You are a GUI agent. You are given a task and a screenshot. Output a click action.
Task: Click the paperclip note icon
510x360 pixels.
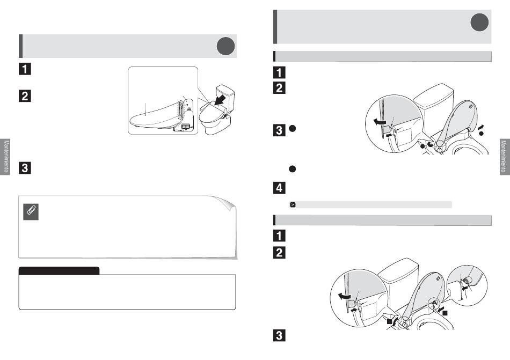pyautogui.click(x=31, y=212)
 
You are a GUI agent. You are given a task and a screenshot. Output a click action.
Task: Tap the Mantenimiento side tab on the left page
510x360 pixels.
pyautogui.click(x=5, y=157)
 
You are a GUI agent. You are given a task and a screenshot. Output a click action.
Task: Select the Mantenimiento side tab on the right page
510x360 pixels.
pyautogui.click(x=505, y=157)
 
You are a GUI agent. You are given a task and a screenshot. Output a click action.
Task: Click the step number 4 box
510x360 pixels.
pyautogui.click(x=279, y=188)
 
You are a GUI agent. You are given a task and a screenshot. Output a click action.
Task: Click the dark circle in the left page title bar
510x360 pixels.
pyautogui.click(x=225, y=46)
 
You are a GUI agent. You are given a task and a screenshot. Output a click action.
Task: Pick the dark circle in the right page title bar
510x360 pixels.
pyautogui.click(x=479, y=23)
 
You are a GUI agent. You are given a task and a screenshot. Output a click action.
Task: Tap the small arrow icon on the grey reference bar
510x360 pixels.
pyautogui.click(x=293, y=205)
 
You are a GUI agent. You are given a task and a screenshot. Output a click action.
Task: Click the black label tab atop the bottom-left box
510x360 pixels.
pyautogui.click(x=59, y=270)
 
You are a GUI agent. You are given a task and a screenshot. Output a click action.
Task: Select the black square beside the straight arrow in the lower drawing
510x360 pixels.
pyautogui.click(x=445, y=313)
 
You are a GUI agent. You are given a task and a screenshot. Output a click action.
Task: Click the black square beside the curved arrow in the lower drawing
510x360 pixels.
pyautogui.click(x=389, y=322)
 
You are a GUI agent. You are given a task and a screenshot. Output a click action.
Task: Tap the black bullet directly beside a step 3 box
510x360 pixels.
pyautogui.click(x=293, y=129)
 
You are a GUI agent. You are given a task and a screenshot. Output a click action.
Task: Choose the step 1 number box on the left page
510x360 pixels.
pyautogui.click(x=25, y=69)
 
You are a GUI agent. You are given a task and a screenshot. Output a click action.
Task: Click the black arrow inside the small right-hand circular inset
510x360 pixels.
pyautogui.click(x=465, y=288)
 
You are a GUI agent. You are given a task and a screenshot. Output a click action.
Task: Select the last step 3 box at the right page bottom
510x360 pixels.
pyautogui.click(x=279, y=335)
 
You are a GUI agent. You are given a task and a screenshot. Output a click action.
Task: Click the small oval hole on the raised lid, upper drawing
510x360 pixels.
pyautogui.click(x=471, y=106)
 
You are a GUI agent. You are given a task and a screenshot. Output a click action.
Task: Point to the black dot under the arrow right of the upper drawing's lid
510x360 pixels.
pyautogui.click(x=482, y=134)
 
